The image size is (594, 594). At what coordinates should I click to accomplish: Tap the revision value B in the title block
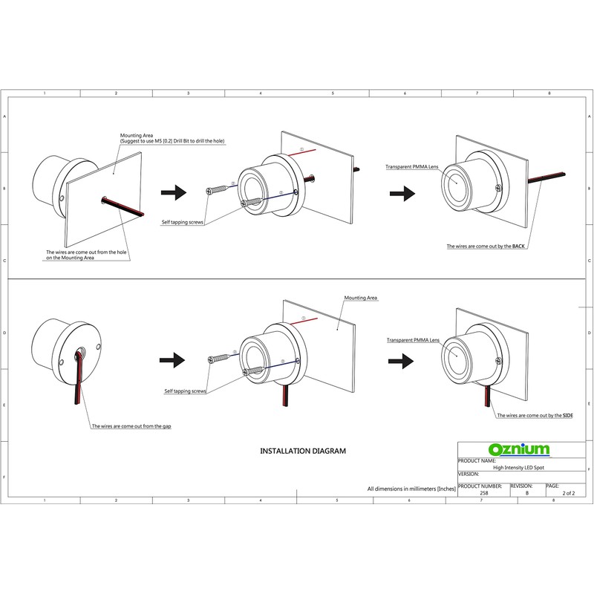pyautogui.click(x=526, y=492)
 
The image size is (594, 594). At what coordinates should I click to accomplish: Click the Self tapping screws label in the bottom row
pyautogui.click(x=185, y=390)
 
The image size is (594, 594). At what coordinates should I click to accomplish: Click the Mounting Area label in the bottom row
pyautogui.click(x=361, y=298)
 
